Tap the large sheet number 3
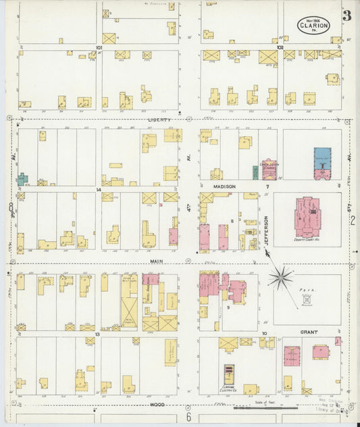click(x=346, y=16)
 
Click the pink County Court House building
click(x=308, y=217)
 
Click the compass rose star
click(x=281, y=276)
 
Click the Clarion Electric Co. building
click(x=230, y=376)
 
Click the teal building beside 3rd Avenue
click(x=22, y=179)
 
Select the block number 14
click(x=99, y=190)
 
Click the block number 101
click(x=99, y=48)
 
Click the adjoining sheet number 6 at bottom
click(x=189, y=418)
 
